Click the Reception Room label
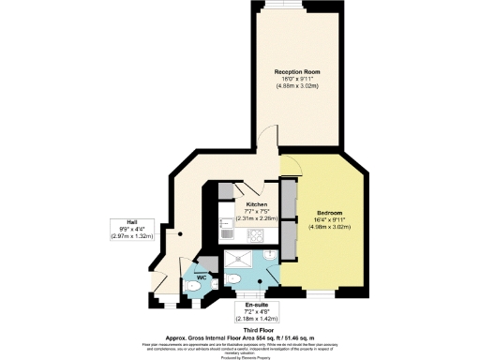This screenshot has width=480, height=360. pyautogui.click(x=299, y=71)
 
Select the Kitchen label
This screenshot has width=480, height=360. pyautogui.click(x=256, y=204)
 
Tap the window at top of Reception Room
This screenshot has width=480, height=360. pyautogui.click(x=299, y=5)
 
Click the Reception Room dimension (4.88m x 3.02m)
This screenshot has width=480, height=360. pyautogui.click(x=299, y=86)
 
